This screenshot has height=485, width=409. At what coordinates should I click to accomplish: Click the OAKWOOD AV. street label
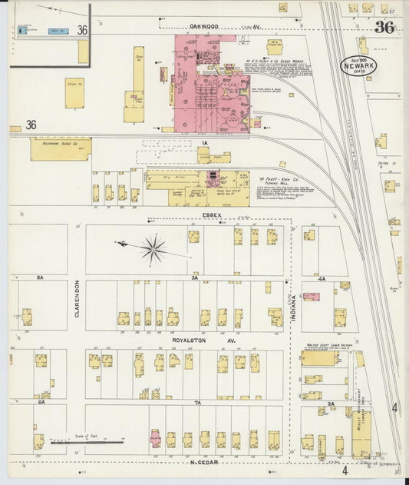[202, 26]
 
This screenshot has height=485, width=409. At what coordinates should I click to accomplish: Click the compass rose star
[153, 248]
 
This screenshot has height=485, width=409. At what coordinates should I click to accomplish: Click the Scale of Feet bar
[87, 442]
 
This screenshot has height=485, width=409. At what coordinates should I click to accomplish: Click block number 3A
[195, 278]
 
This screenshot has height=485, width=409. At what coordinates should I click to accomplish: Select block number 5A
[40, 277]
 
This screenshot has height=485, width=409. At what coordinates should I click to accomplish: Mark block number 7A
[196, 402]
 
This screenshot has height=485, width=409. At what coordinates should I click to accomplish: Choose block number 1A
[204, 143]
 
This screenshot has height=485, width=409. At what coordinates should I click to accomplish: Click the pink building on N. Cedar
[155, 439]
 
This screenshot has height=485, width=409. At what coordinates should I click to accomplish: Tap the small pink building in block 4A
[311, 296]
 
